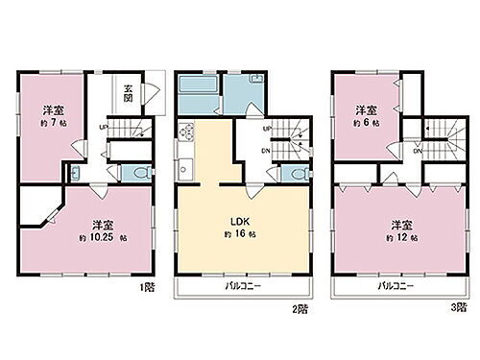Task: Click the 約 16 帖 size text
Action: coord(235,235)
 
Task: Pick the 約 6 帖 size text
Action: coord(365,124)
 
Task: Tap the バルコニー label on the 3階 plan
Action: coord(395,286)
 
